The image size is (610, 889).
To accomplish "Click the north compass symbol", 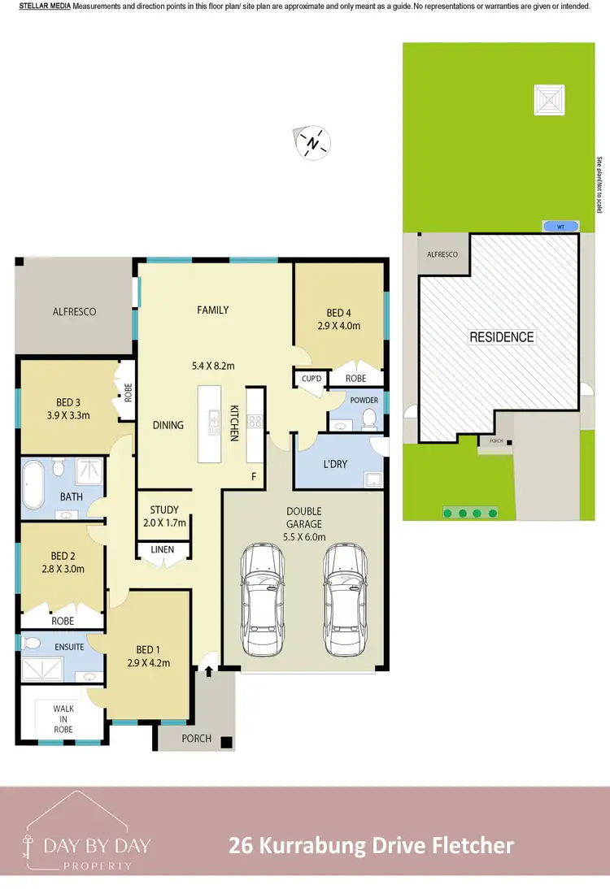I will tap(313, 142).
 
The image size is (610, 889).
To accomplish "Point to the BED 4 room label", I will tap(339, 313).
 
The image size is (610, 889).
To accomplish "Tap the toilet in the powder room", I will tap(368, 418).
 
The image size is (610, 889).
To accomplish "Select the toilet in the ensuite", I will tap(32, 643).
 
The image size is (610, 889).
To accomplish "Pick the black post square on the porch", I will tap(226, 741).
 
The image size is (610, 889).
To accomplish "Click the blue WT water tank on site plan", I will tap(560, 226).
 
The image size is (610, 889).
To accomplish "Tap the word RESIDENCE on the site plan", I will tap(502, 336).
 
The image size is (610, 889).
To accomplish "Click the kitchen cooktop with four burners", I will tap(254, 421).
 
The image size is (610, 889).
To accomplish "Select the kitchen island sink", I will tap(214, 420).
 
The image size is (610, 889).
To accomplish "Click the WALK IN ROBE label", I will tap(63, 719).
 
